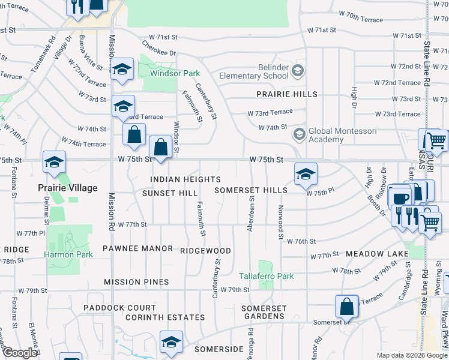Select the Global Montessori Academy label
[326, 135]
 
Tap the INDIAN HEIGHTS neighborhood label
[185, 179]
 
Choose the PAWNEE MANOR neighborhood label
[137, 248]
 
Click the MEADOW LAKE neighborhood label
[376, 254]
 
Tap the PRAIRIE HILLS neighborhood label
[287, 94]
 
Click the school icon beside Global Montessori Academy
[298, 133]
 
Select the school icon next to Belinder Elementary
[298, 72]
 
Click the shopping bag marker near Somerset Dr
[347, 307]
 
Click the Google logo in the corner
[20, 353]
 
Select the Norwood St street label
[280, 223]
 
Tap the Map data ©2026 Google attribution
[412, 355]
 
